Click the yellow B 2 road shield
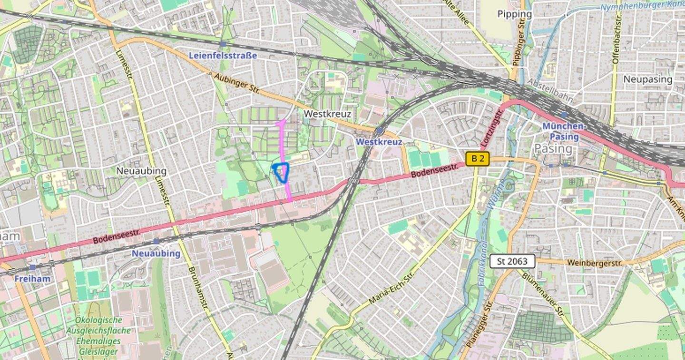tap(478, 159)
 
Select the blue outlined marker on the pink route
tap(282, 172)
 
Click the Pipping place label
tap(515, 14)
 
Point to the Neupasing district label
tap(648, 79)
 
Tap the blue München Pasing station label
tap(563, 131)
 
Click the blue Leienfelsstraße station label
tap(223, 55)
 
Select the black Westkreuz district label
tap(327, 114)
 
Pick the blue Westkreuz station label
tap(379, 142)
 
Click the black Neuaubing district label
tap(141, 171)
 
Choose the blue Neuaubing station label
tap(156, 253)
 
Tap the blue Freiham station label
tap(32, 279)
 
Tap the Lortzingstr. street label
tap(492, 128)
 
